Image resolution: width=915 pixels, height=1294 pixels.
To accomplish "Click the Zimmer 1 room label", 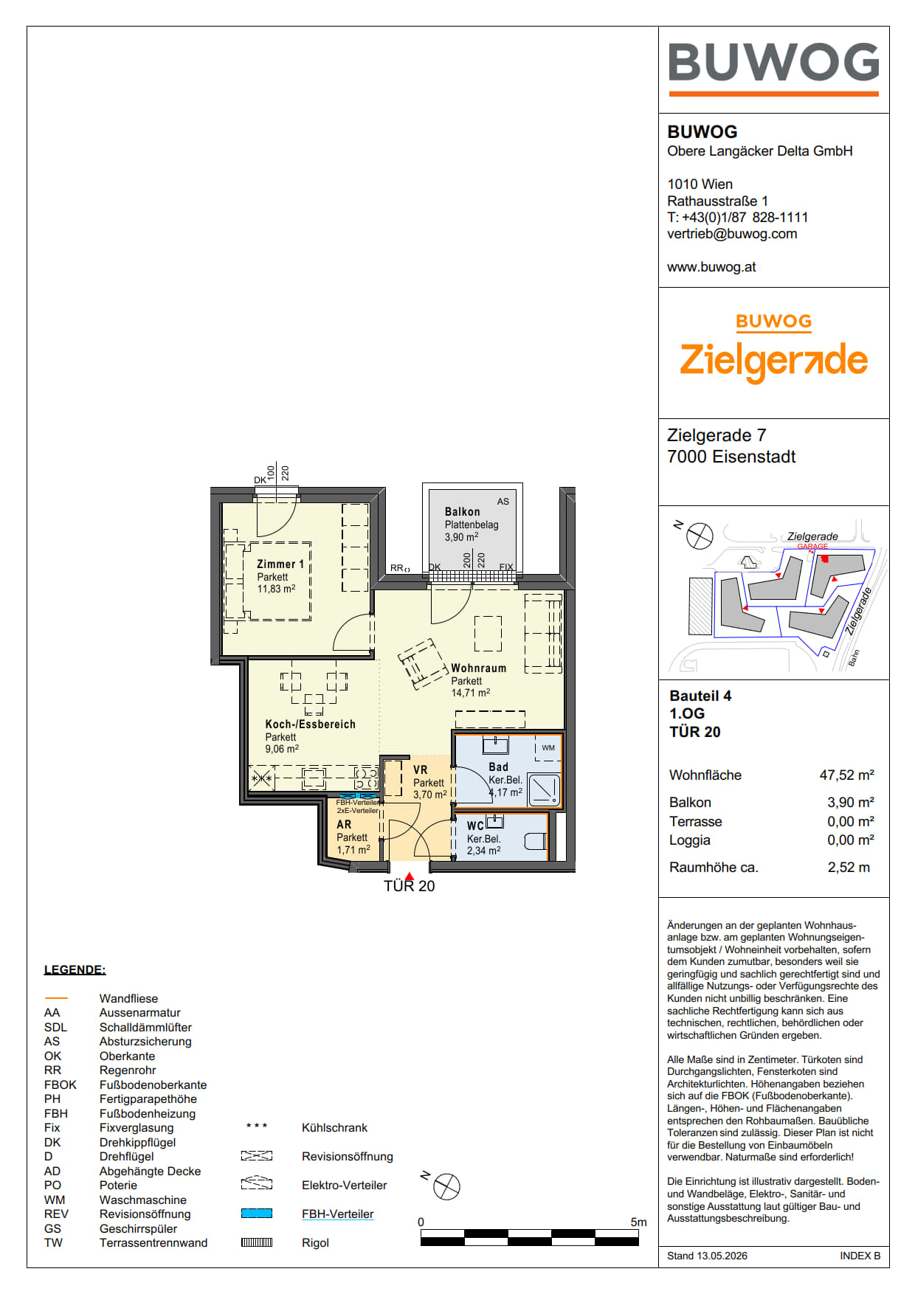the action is click(x=280, y=564).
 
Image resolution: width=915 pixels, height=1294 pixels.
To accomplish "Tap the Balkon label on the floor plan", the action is click(x=462, y=512).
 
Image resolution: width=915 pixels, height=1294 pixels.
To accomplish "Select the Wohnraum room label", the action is click(x=479, y=668).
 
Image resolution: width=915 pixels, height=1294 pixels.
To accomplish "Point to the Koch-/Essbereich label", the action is click(x=311, y=724).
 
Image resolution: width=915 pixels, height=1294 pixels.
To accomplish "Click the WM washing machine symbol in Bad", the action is click(x=548, y=748).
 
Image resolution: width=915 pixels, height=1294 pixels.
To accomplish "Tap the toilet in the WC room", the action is click(x=535, y=841).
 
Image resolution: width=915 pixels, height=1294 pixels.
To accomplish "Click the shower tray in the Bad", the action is click(x=544, y=790).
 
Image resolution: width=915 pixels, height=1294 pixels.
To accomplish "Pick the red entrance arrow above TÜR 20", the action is click(x=409, y=876).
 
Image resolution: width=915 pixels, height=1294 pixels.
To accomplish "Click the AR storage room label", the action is click(x=344, y=825).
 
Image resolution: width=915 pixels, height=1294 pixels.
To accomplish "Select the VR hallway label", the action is click(x=421, y=770).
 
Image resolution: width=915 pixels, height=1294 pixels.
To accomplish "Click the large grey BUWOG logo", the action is click(x=773, y=62).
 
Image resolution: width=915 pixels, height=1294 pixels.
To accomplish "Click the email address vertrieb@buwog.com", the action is click(x=732, y=234).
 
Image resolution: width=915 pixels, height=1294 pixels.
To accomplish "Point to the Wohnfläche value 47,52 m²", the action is click(x=846, y=775).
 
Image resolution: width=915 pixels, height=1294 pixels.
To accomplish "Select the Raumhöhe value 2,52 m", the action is click(x=849, y=868).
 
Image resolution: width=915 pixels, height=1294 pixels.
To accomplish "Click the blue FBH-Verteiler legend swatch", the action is click(x=257, y=1214).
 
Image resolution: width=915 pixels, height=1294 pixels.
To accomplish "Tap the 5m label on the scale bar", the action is click(x=638, y=1222).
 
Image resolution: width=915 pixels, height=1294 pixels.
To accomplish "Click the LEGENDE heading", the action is click(x=75, y=970).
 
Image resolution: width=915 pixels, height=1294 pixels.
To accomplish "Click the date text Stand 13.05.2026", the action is click(x=707, y=1256).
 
